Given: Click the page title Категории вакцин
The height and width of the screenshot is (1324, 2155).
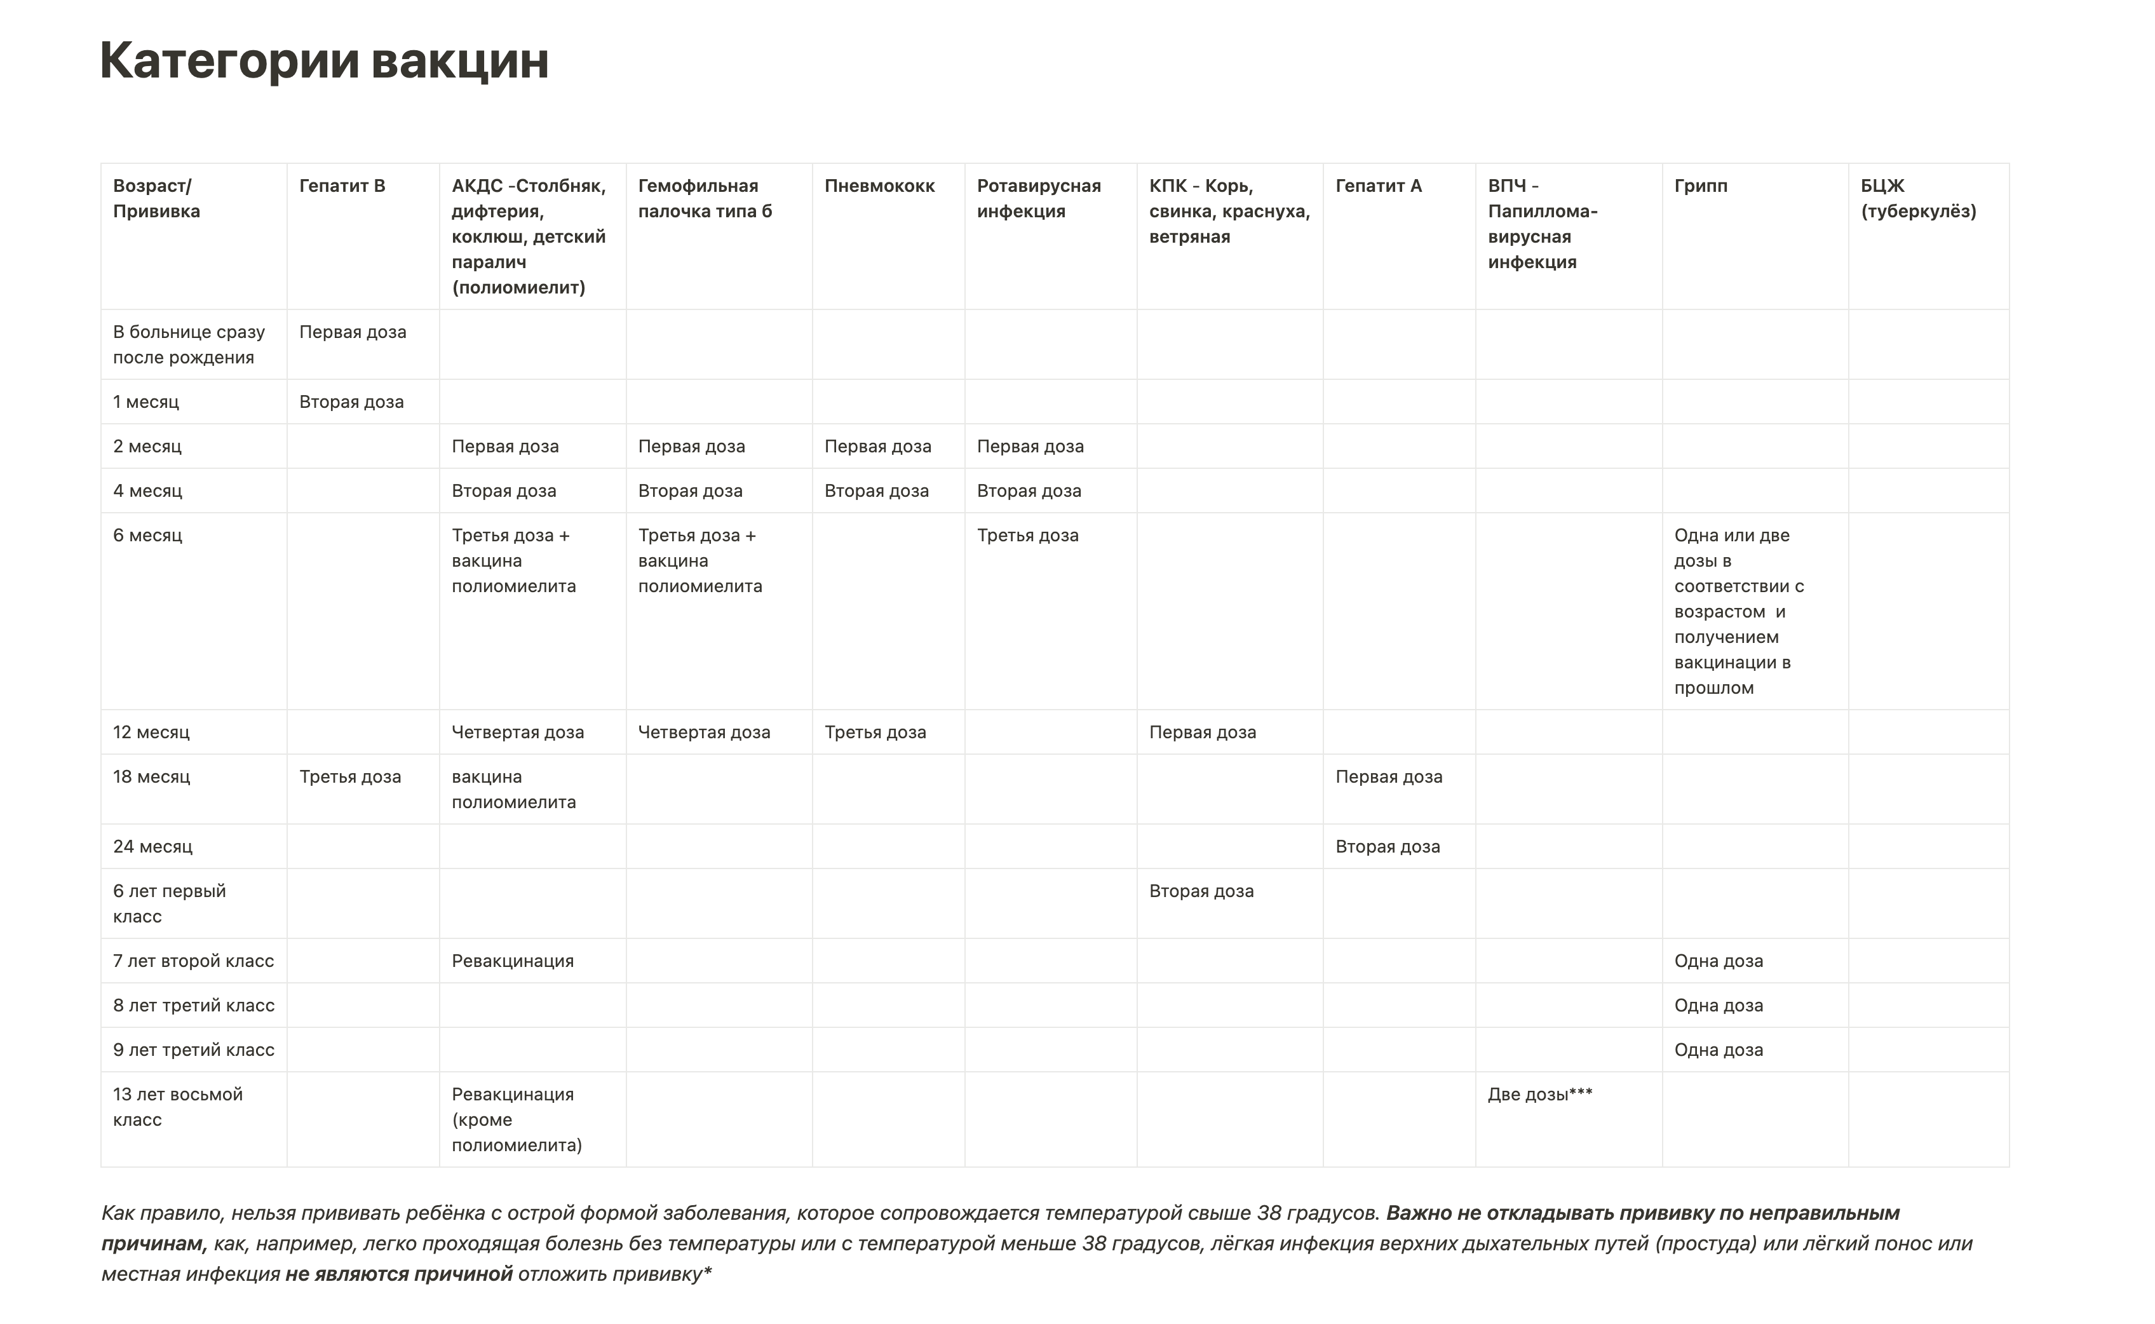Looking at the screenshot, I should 324,60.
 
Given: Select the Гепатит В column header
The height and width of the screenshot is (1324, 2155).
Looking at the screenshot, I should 342,186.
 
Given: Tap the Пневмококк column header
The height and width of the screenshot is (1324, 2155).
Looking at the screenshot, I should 879,186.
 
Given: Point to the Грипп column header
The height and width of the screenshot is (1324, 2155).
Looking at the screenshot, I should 1701,186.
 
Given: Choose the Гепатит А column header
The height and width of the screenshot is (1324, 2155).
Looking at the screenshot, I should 1378,186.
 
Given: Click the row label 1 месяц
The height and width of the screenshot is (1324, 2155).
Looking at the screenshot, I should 145,402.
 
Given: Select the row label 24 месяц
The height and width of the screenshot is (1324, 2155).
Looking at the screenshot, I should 152,847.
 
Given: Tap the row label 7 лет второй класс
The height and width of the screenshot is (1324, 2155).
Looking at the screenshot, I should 194,961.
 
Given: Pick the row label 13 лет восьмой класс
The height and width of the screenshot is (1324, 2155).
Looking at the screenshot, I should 178,1107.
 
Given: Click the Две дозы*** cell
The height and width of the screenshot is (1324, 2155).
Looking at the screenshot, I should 1539,1094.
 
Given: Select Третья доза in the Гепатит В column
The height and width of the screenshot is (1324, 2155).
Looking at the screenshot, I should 350,777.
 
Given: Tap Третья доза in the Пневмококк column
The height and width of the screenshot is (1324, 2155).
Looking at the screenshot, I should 875,732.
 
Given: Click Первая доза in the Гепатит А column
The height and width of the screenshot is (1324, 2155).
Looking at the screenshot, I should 1389,777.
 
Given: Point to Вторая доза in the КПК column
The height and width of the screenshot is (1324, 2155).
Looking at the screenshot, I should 1201,891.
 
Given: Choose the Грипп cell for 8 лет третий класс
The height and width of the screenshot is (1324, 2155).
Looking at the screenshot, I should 1718,1005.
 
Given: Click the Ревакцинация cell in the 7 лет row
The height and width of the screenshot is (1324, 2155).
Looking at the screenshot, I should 512,961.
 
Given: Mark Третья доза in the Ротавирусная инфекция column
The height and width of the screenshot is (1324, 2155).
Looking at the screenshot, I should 1027,535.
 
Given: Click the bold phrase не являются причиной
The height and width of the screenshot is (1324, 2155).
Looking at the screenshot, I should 398,1274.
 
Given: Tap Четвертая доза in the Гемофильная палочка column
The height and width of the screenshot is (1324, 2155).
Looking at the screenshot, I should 704,732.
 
